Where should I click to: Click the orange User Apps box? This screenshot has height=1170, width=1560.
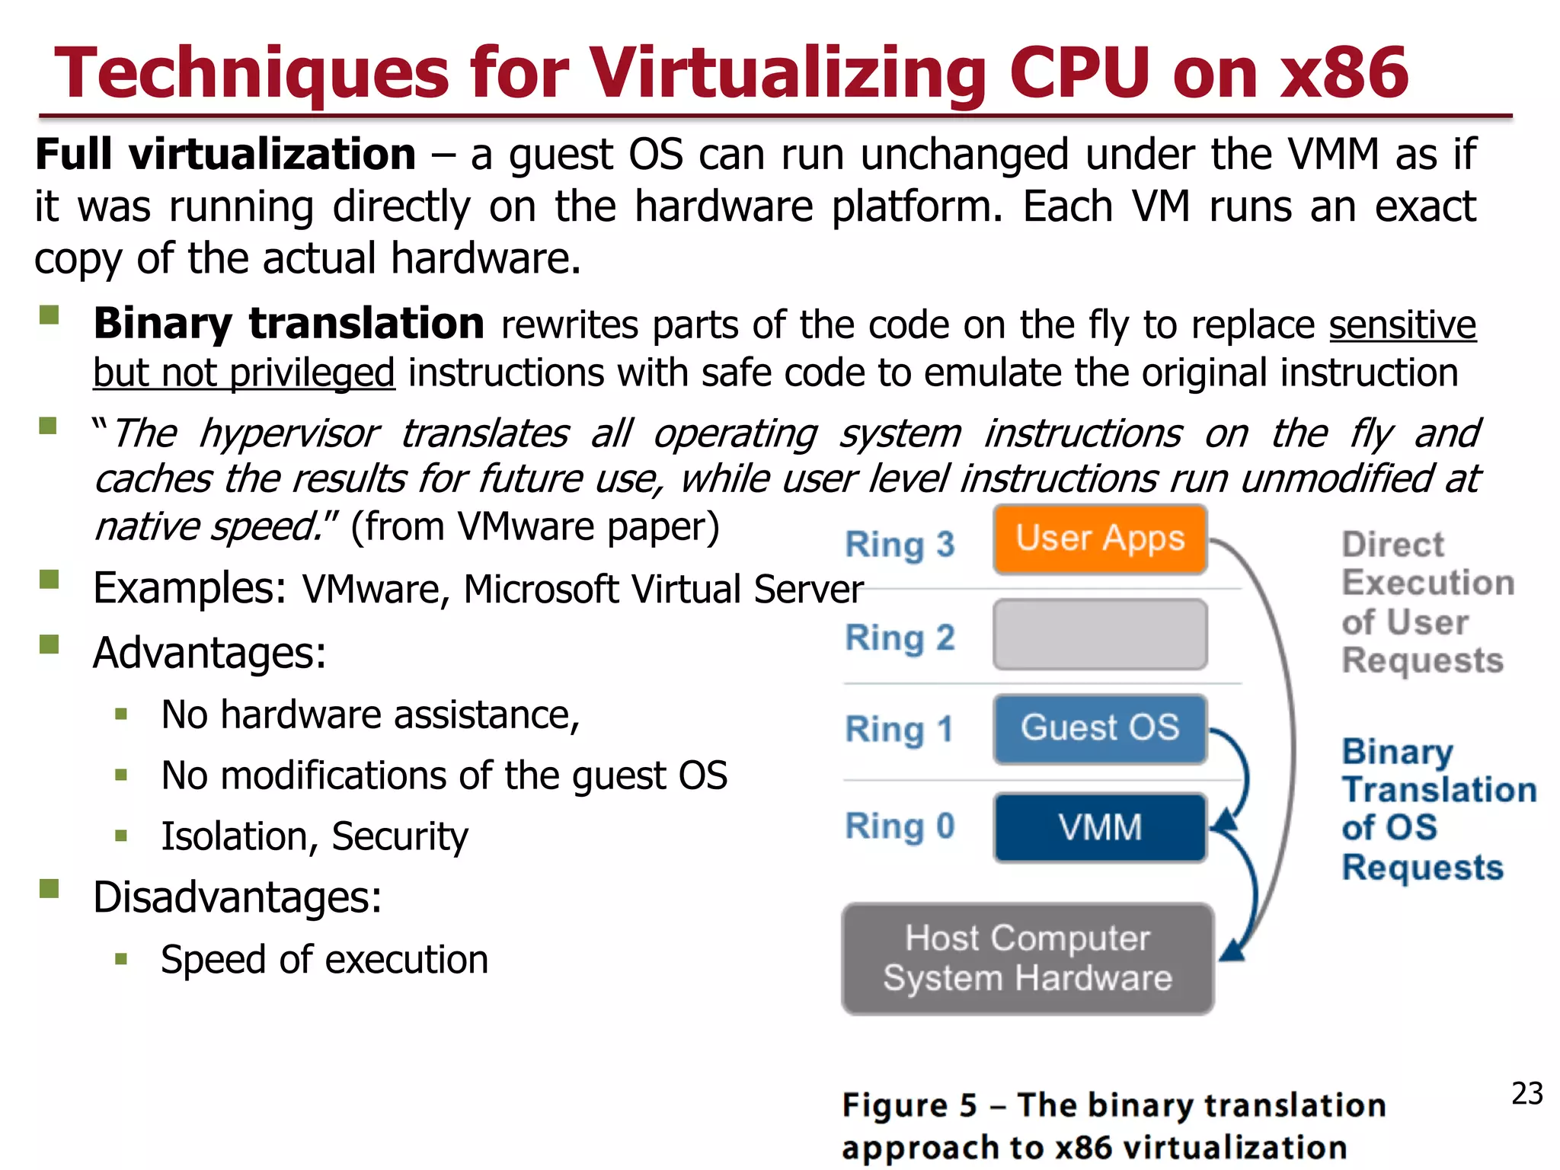(x=1100, y=539)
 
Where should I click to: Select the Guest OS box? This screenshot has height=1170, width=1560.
(x=1100, y=728)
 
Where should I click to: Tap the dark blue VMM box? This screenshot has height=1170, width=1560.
(x=1100, y=827)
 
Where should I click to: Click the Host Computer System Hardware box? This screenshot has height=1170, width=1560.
(x=1027, y=958)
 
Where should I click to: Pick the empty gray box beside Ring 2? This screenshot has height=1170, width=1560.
(x=1100, y=635)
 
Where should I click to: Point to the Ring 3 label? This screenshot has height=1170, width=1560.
(x=900, y=545)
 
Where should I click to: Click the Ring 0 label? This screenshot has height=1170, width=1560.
(x=900, y=826)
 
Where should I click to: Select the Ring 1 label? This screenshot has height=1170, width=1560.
(x=900, y=730)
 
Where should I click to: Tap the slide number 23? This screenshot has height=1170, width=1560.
(x=1526, y=1094)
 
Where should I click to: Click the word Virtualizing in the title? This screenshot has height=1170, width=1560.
(x=788, y=74)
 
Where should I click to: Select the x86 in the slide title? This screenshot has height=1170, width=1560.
(x=1344, y=74)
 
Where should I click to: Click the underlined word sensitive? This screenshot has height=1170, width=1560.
(x=1402, y=325)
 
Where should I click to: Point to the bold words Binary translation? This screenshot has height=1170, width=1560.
(x=289, y=324)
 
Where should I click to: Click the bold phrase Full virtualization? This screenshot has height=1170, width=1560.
(x=225, y=155)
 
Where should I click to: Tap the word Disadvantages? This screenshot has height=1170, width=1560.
(x=237, y=897)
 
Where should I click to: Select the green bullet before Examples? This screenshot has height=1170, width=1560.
(x=50, y=580)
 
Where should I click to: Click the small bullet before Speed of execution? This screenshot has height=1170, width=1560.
(x=121, y=958)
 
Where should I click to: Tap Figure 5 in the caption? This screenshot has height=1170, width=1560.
(x=909, y=1105)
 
